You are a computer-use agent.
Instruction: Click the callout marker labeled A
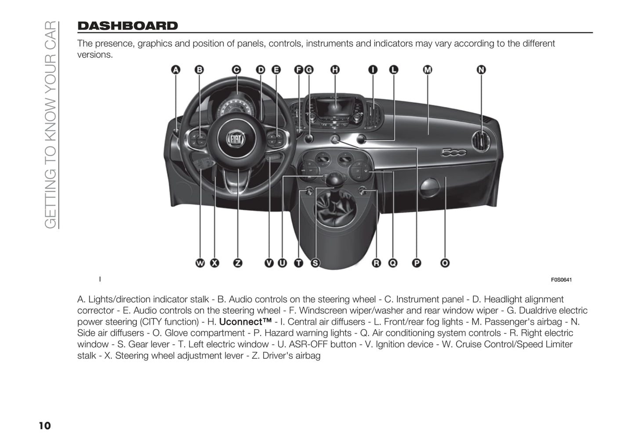point(176,70)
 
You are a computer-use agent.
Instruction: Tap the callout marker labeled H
point(335,70)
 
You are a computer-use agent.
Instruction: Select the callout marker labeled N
point(481,70)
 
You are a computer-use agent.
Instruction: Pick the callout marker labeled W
point(200,263)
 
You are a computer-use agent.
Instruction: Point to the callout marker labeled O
point(445,263)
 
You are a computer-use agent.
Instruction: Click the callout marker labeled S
point(315,263)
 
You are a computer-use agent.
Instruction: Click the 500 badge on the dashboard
point(454,153)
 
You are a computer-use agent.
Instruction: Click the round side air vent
point(481,141)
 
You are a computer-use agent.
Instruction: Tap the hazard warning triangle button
point(335,139)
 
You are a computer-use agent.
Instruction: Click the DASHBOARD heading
point(127,26)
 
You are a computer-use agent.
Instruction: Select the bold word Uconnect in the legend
point(245,321)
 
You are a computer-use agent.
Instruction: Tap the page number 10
point(45,426)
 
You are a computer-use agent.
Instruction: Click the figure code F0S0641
point(561,280)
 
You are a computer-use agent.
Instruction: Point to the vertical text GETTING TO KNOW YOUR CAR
point(51,125)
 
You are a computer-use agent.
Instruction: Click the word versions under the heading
point(95,55)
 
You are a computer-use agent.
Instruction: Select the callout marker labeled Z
point(238,263)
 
